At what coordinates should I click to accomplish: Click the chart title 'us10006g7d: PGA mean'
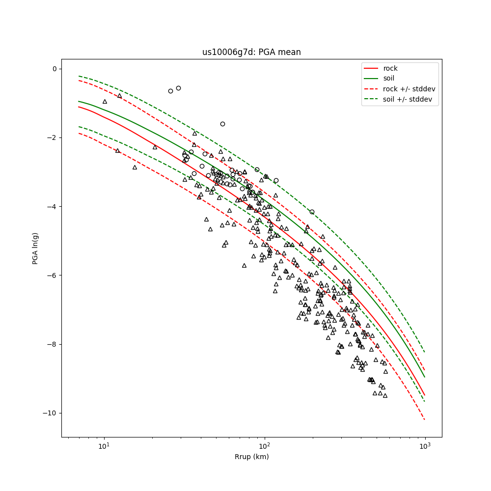coord(251,52)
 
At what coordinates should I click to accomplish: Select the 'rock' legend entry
coord(390,68)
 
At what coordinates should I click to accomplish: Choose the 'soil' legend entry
coord(388,79)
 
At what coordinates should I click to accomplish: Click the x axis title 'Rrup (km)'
coord(251,457)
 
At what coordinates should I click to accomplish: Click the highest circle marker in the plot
coord(178,88)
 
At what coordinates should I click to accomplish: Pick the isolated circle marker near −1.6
coord(222,124)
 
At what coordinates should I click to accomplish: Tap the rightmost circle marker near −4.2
coord(312,212)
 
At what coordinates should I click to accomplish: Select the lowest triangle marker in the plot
coord(385,395)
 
